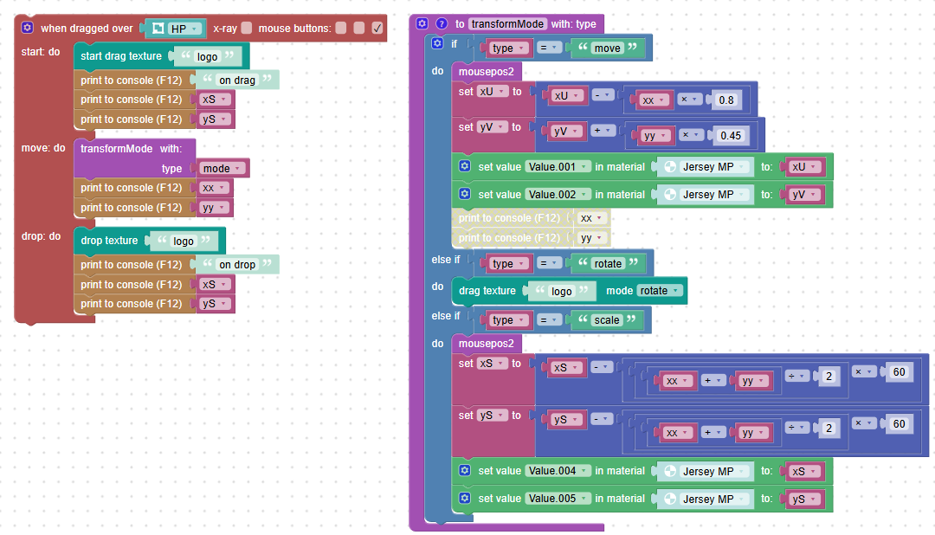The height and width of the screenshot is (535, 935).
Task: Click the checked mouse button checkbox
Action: click(377, 28)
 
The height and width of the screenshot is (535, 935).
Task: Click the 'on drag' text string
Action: click(236, 80)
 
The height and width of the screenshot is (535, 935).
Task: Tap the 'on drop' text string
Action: click(236, 264)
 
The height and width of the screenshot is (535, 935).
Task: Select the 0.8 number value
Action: click(726, 100)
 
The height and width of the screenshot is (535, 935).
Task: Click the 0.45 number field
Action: click(731, 135)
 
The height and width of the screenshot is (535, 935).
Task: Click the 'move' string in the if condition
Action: click(607, 48)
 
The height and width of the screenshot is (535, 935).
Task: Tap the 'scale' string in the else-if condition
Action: click(606, 320)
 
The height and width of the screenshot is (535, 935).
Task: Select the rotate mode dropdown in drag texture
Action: click(659, 291)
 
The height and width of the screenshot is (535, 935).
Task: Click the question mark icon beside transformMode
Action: click(442, 24)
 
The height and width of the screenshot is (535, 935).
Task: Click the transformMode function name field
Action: click(507, 24)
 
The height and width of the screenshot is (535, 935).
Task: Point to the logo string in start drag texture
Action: click(207, 56)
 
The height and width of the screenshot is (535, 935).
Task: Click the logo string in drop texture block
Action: click(183, 241)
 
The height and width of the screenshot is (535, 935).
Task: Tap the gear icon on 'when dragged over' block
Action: click(28, 28)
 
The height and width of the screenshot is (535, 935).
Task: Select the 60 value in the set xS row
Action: click(899, 372)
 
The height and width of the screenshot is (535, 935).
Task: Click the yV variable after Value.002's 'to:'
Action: click(803, 195)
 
